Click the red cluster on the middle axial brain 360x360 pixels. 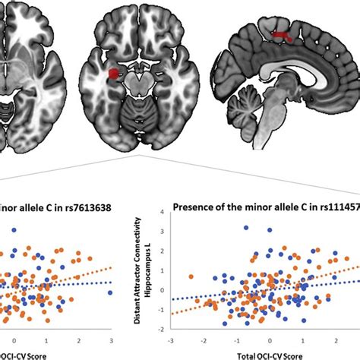pos(114,74)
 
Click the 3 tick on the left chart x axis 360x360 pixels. pos(112,339)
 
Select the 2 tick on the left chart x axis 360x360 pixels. pos(78,339)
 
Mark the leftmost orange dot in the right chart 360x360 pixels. pos(191,276)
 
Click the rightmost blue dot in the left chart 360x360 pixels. pos(110,292)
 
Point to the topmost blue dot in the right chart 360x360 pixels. pos(246,227)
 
